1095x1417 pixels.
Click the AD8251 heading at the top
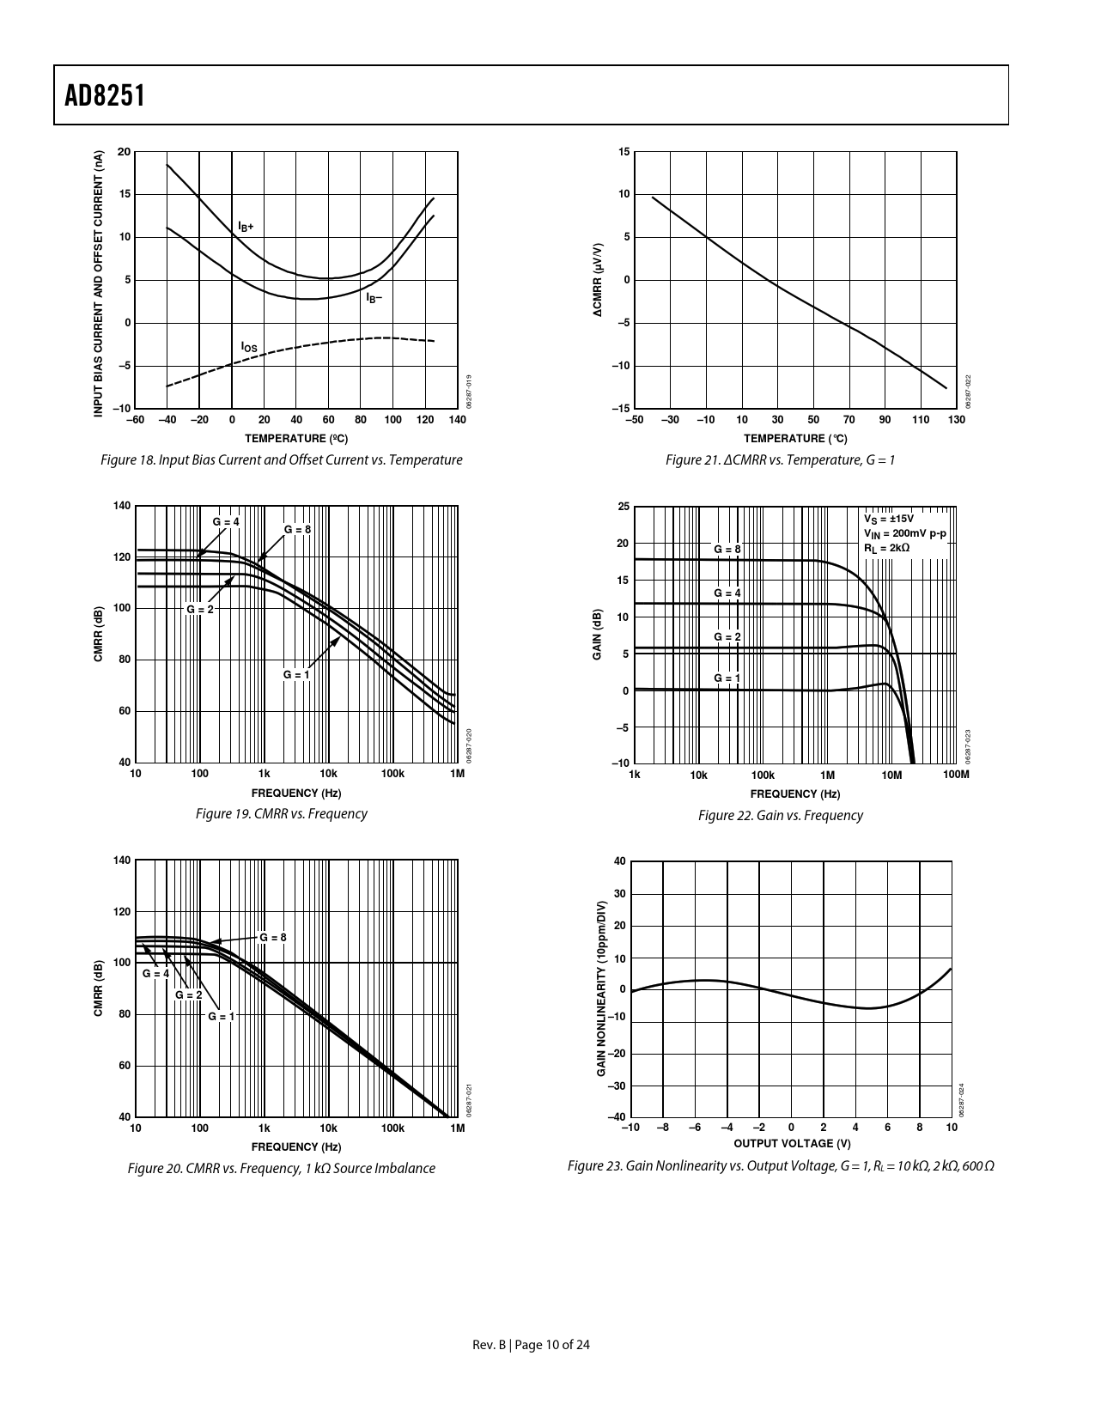[104, 95]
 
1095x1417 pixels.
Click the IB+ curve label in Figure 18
[246, 227]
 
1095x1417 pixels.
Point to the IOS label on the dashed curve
[248, 347]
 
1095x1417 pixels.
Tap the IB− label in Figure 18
[374, 298]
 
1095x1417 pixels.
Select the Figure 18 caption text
[281, 460]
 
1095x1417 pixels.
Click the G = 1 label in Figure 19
[296, 675]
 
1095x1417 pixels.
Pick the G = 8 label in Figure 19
[297, 530]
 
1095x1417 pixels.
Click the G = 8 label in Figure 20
[272, 937]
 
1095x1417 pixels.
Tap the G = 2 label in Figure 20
[188, 994]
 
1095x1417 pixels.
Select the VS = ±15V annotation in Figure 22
[889, 519]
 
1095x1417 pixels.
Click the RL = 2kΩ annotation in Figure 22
[886, 548]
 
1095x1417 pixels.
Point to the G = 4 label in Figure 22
[727, 593]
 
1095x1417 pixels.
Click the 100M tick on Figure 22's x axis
[955, 775]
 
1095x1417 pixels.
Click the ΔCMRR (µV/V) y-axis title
[598, 281]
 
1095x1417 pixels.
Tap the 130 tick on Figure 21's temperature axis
[956, 420]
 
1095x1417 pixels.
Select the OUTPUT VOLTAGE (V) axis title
[792, 1143]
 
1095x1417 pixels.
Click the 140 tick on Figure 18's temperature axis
[457, 420]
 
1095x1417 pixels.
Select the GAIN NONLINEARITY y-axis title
[601, 988]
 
